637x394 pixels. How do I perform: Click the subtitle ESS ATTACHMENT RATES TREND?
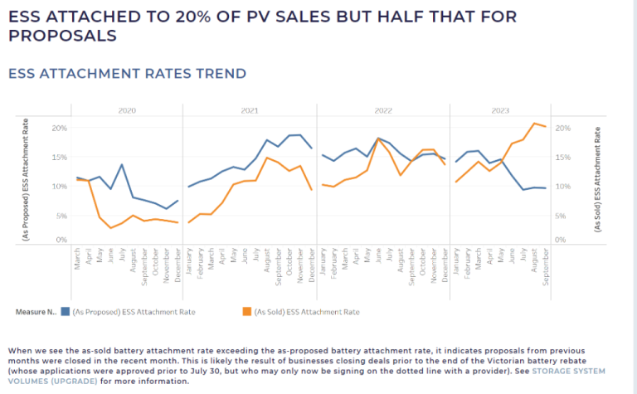[127, 74]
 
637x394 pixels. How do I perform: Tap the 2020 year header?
[127, 110]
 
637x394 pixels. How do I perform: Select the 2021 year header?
[250, 110]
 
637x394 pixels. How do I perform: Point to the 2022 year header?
[383, 110]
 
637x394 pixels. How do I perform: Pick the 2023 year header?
[500, 110]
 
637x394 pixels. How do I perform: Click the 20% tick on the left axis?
[60, 128]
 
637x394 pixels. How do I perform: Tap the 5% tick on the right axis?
[560, 216]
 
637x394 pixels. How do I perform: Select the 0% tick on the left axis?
[61, 240]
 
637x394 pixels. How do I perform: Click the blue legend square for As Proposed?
[65, 312]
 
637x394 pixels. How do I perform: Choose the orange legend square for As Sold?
[246, 312]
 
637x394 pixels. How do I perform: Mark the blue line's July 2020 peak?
[121, 164]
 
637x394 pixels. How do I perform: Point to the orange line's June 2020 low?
[110, 228]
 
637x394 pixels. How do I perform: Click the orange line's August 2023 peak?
[534, 123]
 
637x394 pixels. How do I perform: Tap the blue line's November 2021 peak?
[300, 135]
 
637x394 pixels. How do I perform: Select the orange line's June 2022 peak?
[378, 139]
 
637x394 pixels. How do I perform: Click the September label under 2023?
[545, 267]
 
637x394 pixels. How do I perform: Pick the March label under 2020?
[77, 259]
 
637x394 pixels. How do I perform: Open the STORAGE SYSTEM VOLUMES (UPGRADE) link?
[307, 376]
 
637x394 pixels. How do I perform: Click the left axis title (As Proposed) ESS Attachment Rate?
[26, 179]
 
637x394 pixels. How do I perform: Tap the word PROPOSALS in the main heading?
[62, 36]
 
